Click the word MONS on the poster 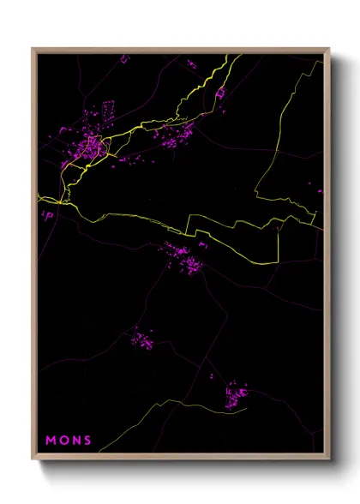(x=69, y=441)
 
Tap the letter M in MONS (x=51, y=441)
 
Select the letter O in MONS (x=63, y=441)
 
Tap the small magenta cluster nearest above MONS (x=142, y=339)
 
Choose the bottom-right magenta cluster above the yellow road (x=235, y=395)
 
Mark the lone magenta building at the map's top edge (x=124, y=58)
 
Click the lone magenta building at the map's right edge (x=318, y=190)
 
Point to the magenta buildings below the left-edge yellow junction (x=49, y=215)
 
